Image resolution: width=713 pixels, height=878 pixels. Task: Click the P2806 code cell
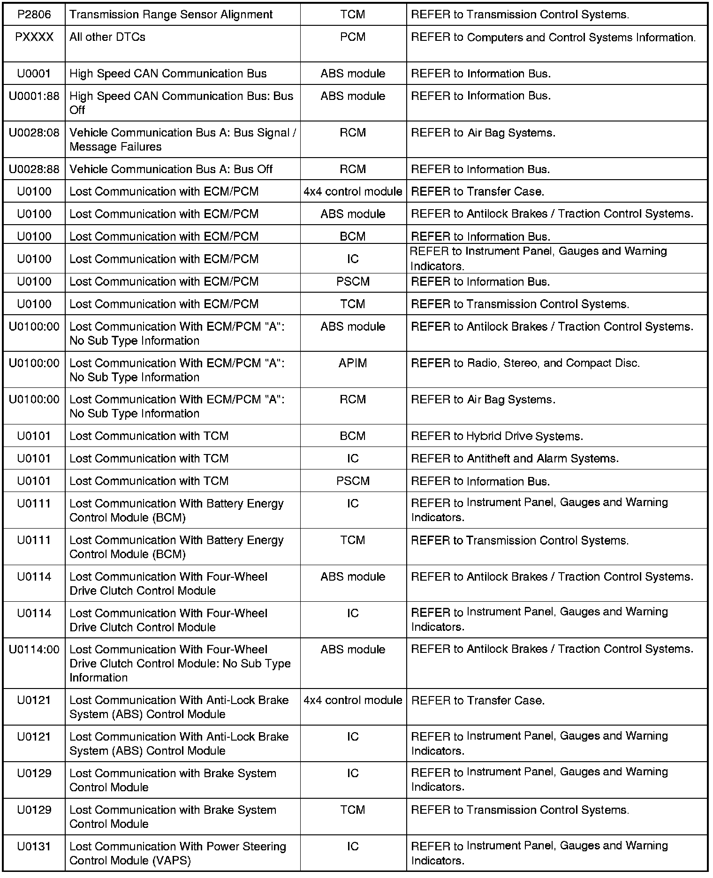coord(34,15)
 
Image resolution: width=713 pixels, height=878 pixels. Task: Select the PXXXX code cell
coord(34,37)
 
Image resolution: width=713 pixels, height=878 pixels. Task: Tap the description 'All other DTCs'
coord(107,37)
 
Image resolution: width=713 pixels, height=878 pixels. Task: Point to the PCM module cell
coord(353,37)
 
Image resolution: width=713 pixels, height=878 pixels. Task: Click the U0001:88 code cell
coord(34,96)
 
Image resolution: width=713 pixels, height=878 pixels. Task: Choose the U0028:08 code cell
coord(34,133)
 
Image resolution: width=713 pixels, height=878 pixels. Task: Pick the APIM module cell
coord(353,363)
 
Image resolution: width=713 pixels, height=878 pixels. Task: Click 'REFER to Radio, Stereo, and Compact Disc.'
coord(525,363)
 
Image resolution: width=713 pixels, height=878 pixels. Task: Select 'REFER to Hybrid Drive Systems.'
coord(497,436)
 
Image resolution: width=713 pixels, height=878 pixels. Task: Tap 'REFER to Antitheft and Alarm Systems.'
coord(515,459)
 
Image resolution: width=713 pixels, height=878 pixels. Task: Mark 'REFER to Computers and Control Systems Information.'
coord(554,38)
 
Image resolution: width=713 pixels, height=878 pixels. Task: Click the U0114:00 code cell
coord(34,650)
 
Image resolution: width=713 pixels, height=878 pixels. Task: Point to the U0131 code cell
coord(34,847)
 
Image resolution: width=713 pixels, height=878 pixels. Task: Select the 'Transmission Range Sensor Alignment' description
coord(171,15)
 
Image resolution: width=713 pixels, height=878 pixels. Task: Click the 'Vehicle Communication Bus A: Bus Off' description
coord(171,169)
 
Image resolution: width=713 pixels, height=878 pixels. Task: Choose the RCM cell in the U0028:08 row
coord(353,133)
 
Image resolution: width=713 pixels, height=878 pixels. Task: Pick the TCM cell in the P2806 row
coord(353,15)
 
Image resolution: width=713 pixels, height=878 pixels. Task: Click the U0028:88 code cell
coord(34,169)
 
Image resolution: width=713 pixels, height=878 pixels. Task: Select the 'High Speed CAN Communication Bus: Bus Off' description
coord(181,103)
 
